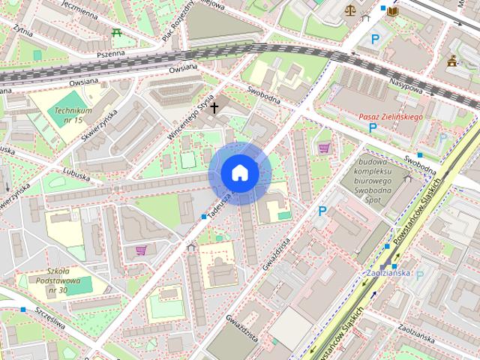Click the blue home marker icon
tap(239, 173)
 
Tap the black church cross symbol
tap(214, 108)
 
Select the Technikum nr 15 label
tap(69, 115)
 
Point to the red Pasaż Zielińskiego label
tap(390, 117)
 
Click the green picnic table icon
tap(116, 32)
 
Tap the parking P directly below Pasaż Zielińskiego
tap(373, 128)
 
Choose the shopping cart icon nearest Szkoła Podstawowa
tap(140, 250)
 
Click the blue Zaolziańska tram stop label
tap(388, 272)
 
